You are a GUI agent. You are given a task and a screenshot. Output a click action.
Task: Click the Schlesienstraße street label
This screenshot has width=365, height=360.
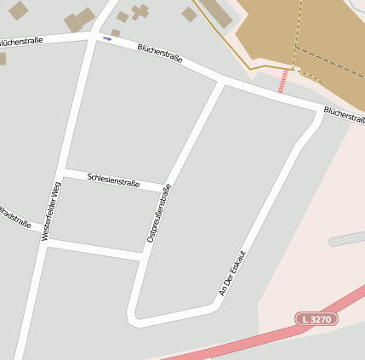click(113, 180)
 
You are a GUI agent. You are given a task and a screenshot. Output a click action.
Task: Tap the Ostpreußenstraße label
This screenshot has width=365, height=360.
click(159, 214)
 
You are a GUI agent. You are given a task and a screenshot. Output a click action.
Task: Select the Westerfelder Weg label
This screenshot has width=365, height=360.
click(52, 211)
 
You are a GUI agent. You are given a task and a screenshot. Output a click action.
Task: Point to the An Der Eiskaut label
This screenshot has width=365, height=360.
click(231, 273)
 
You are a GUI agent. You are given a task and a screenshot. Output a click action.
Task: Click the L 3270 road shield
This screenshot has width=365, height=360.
click(317, 319)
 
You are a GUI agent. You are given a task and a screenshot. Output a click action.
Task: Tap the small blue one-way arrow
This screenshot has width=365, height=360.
click(107, 38)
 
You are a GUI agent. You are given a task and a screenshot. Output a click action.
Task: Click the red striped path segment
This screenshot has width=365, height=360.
click(283, 82)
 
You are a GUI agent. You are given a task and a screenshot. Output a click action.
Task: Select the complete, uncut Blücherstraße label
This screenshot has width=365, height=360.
click(160, 54)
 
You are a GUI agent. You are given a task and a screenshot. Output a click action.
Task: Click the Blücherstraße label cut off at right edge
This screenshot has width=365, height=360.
click(344, 116)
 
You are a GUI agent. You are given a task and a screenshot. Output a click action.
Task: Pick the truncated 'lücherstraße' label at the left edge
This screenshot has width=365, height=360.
click(22, 40)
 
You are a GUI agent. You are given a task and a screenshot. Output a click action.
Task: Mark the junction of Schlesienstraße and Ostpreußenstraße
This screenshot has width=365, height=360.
click(166, 187)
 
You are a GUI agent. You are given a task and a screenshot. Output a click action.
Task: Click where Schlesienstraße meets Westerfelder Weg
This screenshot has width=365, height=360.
click(62, 171)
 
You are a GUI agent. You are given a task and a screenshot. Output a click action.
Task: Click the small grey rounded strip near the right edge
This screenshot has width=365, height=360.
click(347, 238)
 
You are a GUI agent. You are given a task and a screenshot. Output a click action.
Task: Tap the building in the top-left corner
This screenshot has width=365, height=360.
click(18, 10)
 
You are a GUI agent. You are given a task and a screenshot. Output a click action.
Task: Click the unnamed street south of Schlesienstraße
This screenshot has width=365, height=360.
click(94, 248)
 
